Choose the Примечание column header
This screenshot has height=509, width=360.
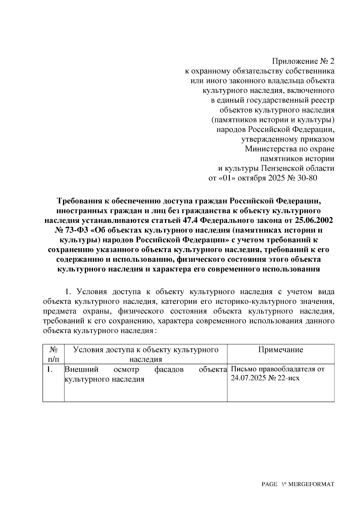(x=281, y=350)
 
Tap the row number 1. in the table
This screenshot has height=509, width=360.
(x=50, y=370)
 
